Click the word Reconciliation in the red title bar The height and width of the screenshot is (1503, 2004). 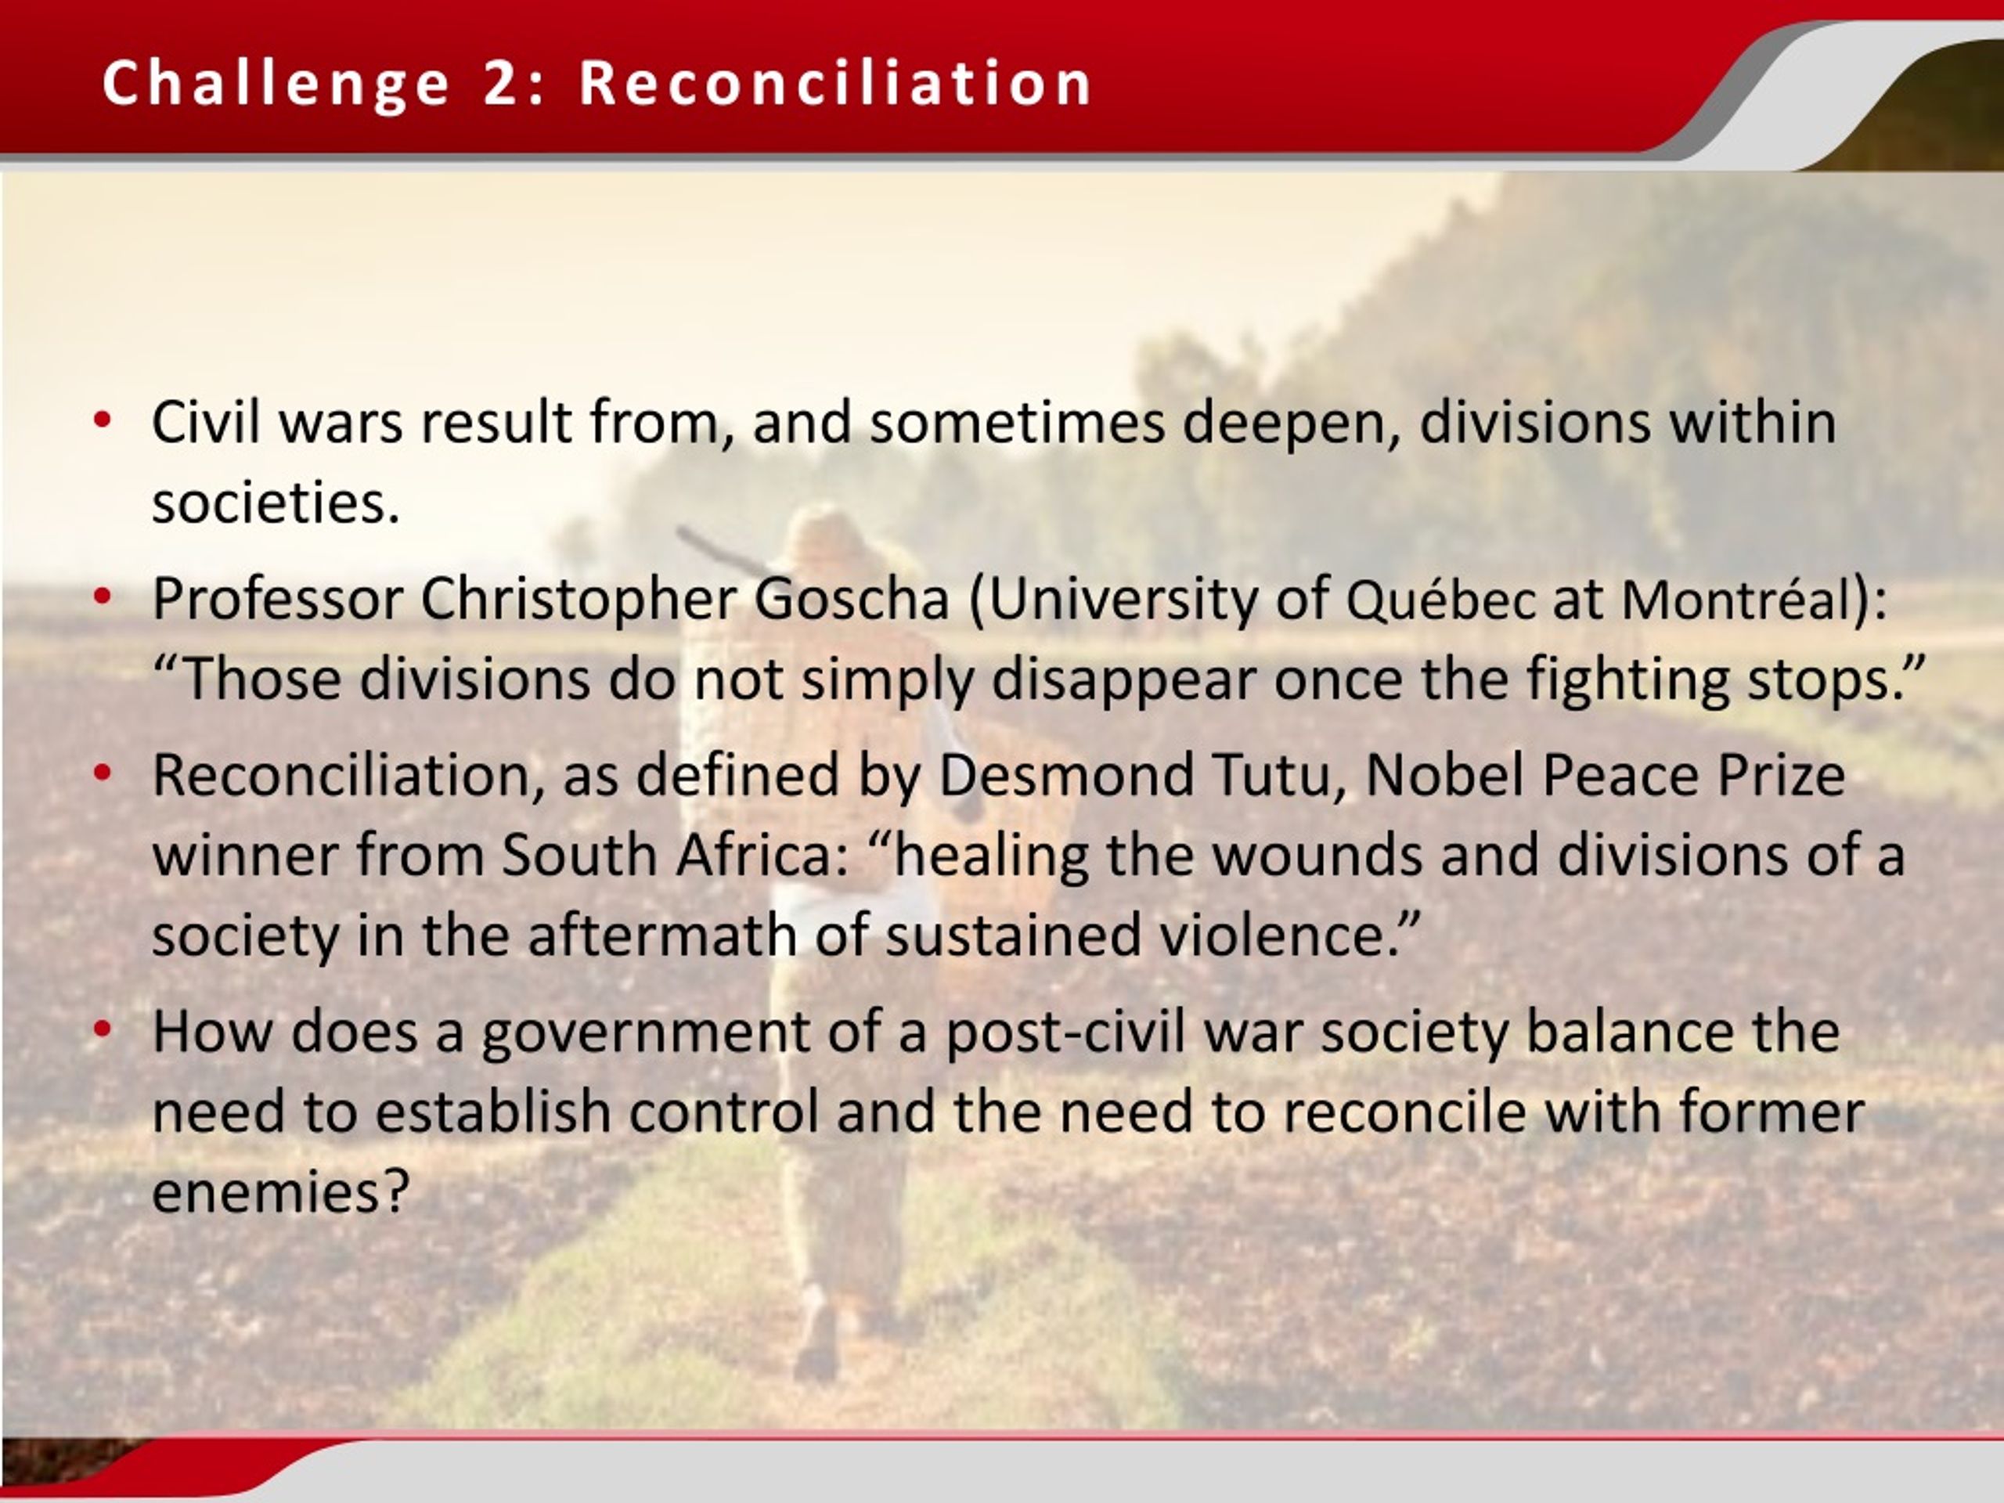click(x=835, y=82)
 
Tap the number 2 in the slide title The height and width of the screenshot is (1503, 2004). click(x=500, y=82)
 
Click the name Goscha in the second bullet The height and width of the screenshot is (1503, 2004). click(x=852, y=599)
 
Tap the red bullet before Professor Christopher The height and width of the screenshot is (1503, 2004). click(x=103, y=597)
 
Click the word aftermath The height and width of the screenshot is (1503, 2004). click(x=661, y=935)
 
